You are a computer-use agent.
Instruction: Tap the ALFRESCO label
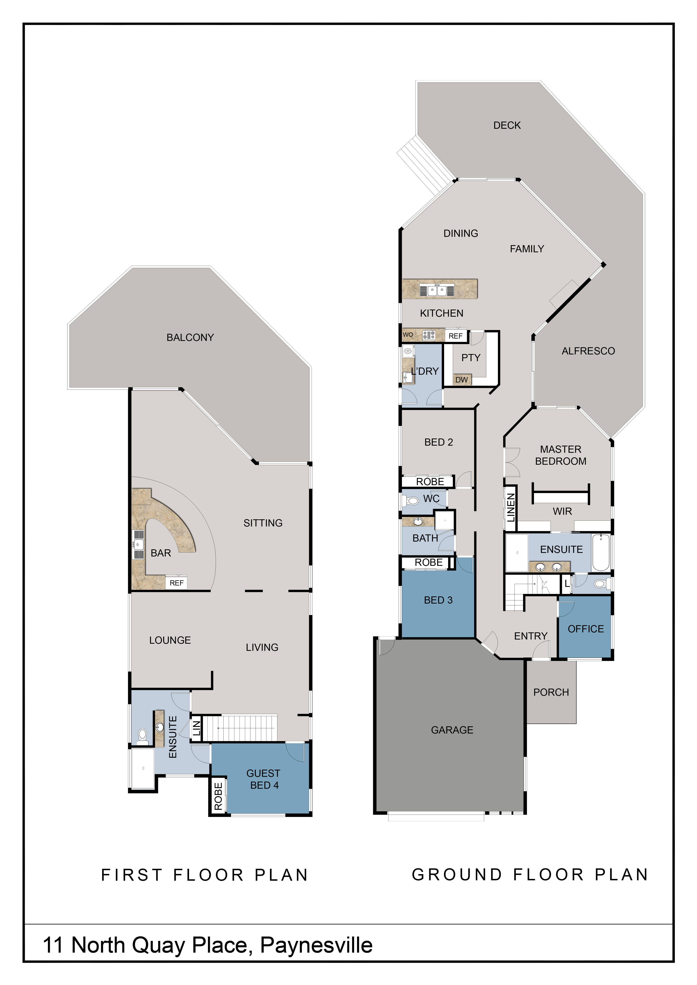588,351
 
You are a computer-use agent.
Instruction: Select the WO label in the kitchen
408,335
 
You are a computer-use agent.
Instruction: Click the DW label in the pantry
461,380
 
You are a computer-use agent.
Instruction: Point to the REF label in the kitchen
455,336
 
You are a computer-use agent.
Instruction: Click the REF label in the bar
176,583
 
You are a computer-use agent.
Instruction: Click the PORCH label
551,692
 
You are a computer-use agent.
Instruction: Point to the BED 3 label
438,600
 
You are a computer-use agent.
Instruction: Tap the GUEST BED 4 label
264,779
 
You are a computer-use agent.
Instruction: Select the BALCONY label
190,338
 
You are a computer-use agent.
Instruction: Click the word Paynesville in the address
316,945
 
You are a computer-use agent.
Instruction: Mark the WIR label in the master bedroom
562,511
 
